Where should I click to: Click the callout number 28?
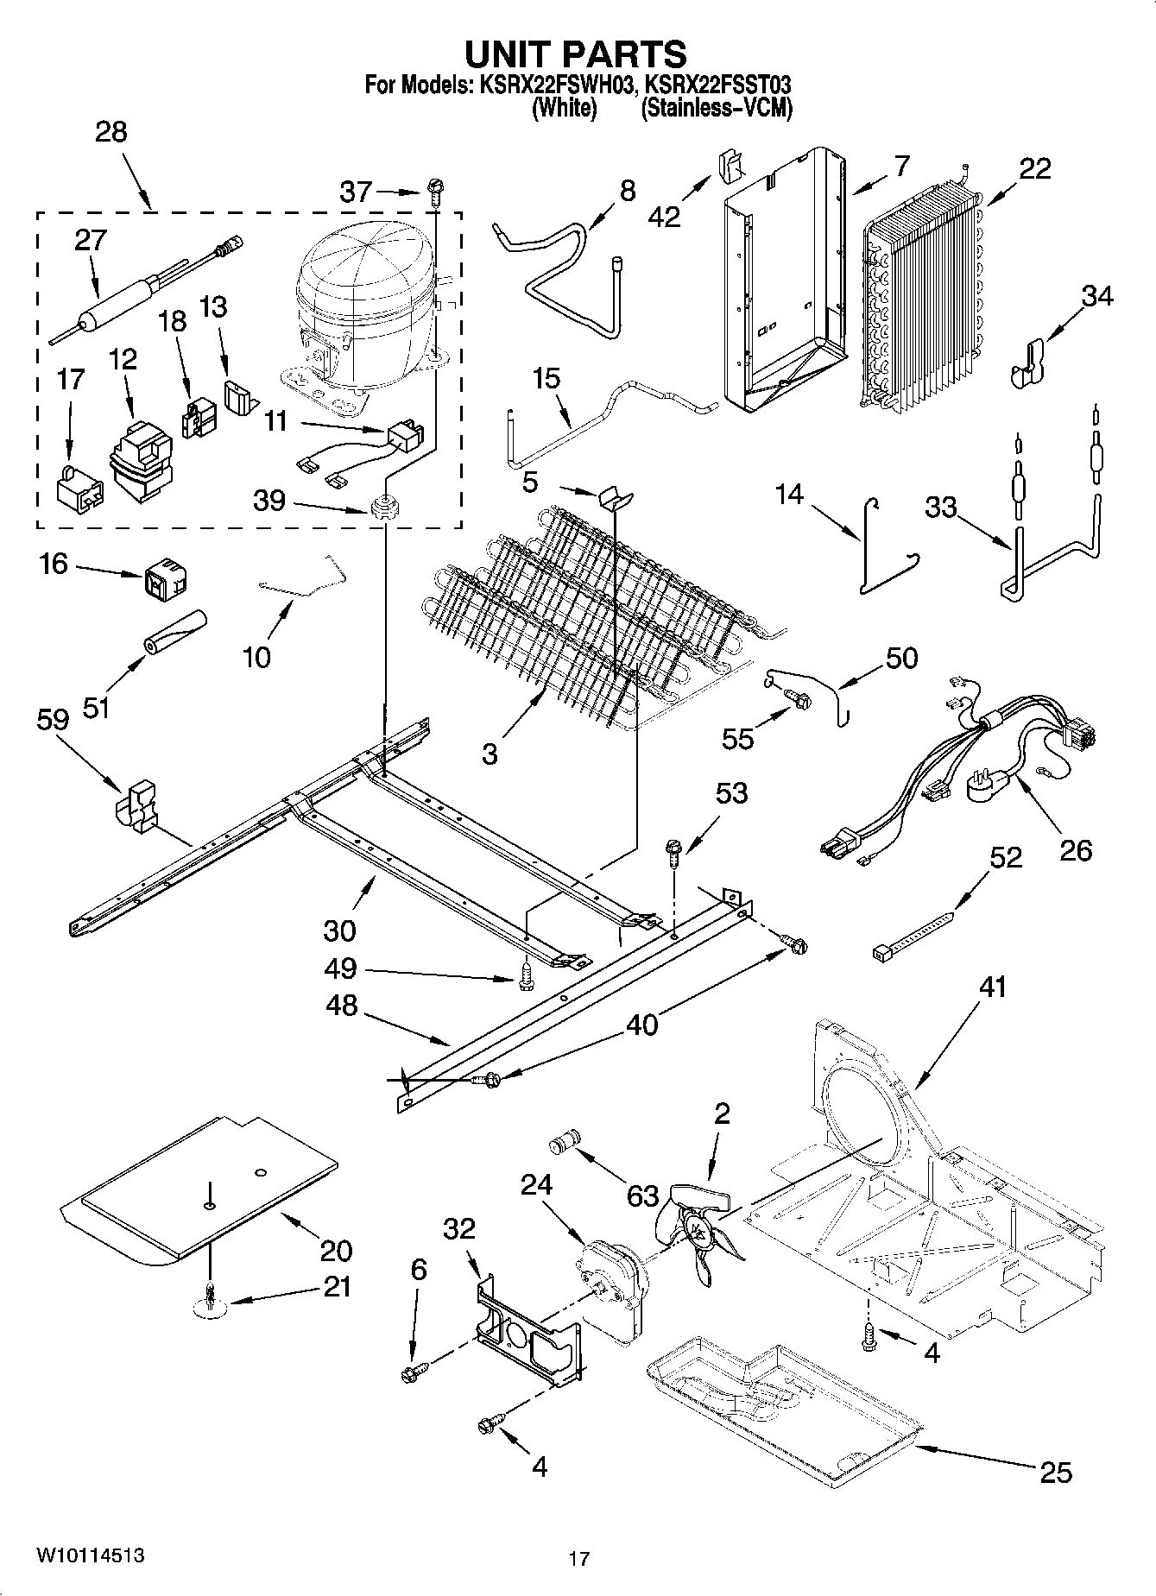pyautogui.click(x=111, y=132)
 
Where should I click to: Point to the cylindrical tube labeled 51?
pyautogui.click(x=175, y=634)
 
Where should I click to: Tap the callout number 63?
pyautogui.click(x=642, y=1196)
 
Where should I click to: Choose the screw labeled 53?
pyautogui.click(x=674, y=853)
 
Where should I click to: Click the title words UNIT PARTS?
pyautogui.click(x=576, y=54)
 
